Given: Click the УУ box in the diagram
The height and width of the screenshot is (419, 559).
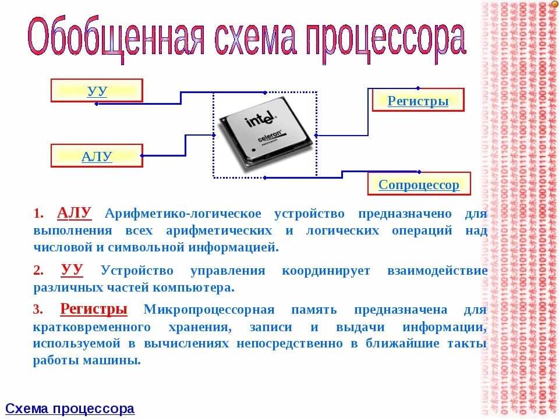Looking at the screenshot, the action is coord(97,91).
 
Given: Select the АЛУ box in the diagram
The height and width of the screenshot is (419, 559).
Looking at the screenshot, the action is coord(97,155).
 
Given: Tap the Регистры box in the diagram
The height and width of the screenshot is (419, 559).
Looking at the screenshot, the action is coord(418,100).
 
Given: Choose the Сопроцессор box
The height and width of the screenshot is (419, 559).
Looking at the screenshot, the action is coord(419,184).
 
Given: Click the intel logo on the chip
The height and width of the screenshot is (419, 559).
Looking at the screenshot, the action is coord(260,120).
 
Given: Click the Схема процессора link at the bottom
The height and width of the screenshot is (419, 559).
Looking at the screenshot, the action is coord(70,409).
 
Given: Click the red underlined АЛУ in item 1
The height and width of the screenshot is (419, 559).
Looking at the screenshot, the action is coord(75,213).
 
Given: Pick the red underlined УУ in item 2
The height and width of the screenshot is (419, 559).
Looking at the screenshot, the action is coord(72,269).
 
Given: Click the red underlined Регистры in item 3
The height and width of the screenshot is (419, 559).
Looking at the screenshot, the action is coord(94,308).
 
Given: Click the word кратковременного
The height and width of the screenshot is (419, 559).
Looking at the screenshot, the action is coord(93,326).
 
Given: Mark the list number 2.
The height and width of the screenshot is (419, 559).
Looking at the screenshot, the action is coord(38,271).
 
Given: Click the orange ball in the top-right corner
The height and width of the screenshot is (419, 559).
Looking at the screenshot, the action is coord(554,4).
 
